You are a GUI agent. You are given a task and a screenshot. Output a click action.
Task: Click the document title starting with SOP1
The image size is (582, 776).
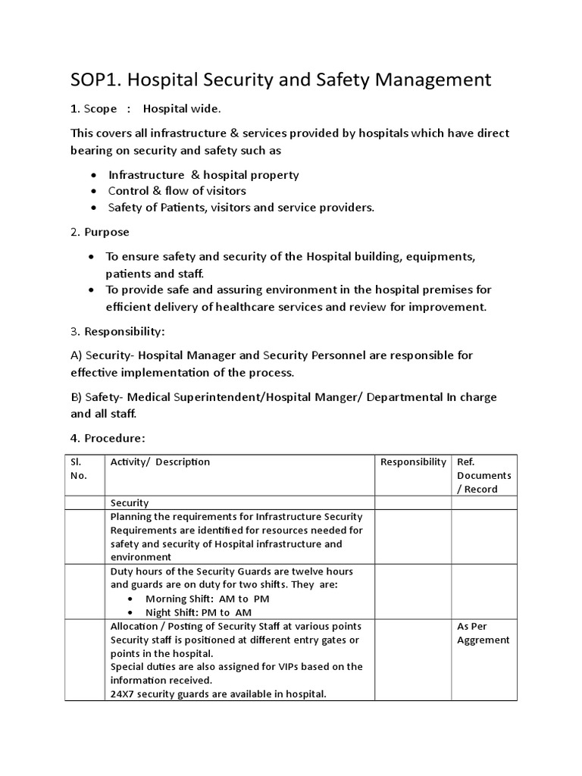[281, 80]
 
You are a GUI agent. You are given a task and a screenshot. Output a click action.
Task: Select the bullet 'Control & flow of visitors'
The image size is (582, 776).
[177, 191]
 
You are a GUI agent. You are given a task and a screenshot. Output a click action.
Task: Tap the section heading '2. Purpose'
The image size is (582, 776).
[100, 232]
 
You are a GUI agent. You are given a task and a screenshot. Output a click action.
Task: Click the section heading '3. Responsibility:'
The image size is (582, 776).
[118, 331]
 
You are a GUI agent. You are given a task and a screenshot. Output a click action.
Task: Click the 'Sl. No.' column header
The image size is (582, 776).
[80, 468]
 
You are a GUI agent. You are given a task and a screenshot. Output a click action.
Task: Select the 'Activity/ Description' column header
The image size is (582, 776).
[160, 462]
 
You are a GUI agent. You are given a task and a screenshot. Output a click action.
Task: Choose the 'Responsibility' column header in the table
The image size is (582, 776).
[413, 462]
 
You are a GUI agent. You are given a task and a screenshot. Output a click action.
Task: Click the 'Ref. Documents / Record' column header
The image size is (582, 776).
[483, 475]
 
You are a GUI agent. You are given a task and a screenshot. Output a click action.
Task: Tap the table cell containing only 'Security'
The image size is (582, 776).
[130, 503]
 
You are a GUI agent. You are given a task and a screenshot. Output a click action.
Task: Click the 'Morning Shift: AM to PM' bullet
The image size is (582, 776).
[208, 599]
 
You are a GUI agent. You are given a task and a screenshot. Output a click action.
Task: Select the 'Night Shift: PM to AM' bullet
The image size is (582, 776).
[199, 612]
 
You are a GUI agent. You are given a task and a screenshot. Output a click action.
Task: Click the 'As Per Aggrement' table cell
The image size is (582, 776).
[483, 633]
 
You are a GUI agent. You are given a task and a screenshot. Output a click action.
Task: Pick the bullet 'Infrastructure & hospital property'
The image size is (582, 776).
[203, 175]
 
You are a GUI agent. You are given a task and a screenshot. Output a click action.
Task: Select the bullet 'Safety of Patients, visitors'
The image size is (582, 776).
[241, 208]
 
